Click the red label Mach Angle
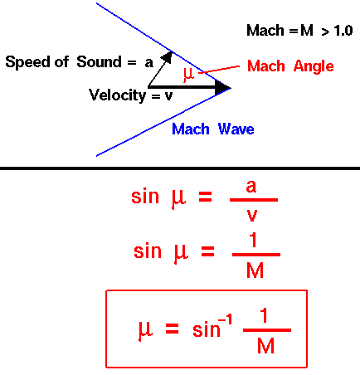point(290,66)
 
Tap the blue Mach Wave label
point(213,129)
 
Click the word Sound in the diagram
point(99,61)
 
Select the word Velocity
point(117,95)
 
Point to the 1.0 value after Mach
point(343,31)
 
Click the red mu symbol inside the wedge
point(189,75)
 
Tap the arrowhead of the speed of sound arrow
point(168,56)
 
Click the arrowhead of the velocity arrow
point(222,88)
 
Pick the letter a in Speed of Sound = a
point(149,63)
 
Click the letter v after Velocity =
point(168,96)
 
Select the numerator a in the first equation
point(251,187)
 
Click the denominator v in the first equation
point(252,216)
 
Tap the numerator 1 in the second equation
point(253,240)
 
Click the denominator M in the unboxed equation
point(255,270)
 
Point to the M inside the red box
point(265,346)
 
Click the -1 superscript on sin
point(225,320)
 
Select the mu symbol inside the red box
point(145,329)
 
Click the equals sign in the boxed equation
point(172,329)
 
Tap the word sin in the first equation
point(145,197)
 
